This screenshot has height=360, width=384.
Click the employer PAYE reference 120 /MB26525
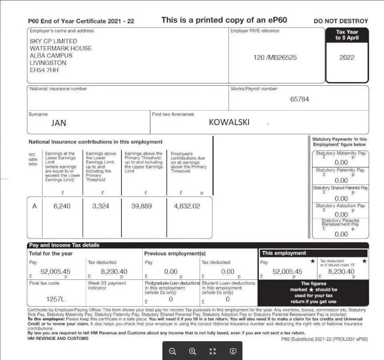coord(275,57)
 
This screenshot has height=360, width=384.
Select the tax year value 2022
coord(346,57)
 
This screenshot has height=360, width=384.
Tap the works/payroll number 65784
coord(300,99)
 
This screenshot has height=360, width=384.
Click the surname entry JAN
coord(58,123)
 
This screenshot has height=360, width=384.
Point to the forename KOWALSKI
coord(229,122)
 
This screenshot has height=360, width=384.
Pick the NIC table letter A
coord(35,206)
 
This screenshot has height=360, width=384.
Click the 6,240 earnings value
coord(62,206)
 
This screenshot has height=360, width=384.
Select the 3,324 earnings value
coord(101,206)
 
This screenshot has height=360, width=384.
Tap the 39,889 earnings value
coord(142,206)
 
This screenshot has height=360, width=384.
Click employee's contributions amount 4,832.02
coord(187,206)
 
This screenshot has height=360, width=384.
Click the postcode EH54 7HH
coord(44,70)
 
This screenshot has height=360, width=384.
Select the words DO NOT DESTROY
coord(340,21)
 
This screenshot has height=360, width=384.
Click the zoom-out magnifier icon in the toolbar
coord(172,351)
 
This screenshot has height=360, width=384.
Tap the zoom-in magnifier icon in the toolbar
coord(192,351)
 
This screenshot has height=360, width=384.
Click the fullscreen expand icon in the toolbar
coord(212,351)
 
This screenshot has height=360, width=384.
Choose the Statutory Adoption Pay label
coord(340,206)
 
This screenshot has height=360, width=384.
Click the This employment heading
coord(284,253)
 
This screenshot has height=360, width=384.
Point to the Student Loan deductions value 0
coord(227,299)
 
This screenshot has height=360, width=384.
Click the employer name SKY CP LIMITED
coord(53,41)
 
